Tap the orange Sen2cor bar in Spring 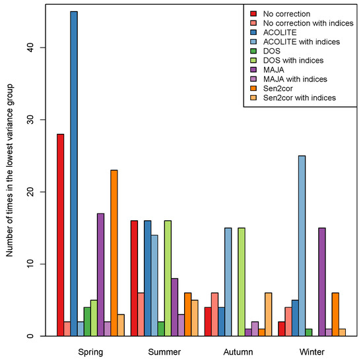(x=114, y=253)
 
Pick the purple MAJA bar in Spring (x=100, y=274)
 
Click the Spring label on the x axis (x=90, y=351)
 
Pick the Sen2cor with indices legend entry (x=300, y=98)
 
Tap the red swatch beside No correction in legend (x=253, y=13)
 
